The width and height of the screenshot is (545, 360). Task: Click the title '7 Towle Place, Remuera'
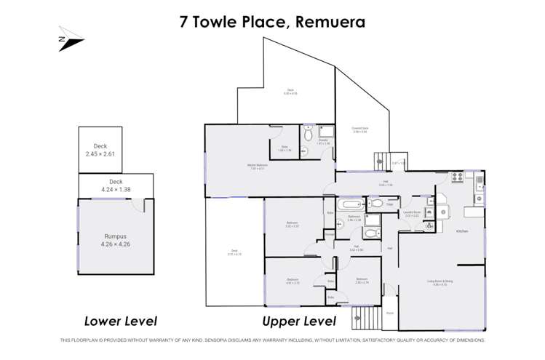pos(272,22)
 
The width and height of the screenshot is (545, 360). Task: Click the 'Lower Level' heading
pos(120,321)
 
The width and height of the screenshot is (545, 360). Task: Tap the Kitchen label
pos(461,231)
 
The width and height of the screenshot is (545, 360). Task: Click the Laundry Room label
pos(413,215)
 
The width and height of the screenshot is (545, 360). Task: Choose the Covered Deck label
pos(360,130)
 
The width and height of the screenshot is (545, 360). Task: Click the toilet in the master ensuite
pos(309,134)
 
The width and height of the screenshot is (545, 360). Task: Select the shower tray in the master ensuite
pos(326,132)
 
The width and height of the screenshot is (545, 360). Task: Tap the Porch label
pos(390,313)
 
